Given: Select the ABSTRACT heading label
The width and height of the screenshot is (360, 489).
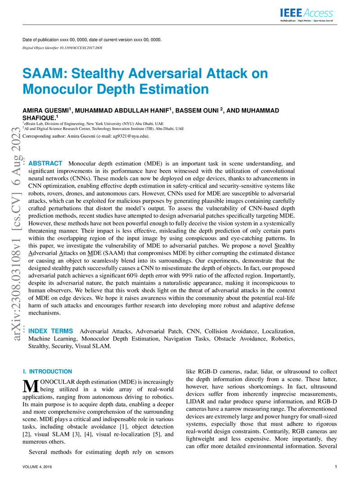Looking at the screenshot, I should pos(45,163).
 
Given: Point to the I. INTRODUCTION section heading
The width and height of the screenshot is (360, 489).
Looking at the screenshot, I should pos(47,372).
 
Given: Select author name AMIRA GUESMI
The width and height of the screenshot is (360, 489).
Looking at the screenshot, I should pos(46,111).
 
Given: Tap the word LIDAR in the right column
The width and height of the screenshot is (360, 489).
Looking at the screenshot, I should pos(196,400).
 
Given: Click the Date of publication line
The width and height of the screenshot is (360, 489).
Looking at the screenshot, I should pos(92,40).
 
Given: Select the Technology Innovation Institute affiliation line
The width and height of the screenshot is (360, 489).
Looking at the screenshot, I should pos(103,128).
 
